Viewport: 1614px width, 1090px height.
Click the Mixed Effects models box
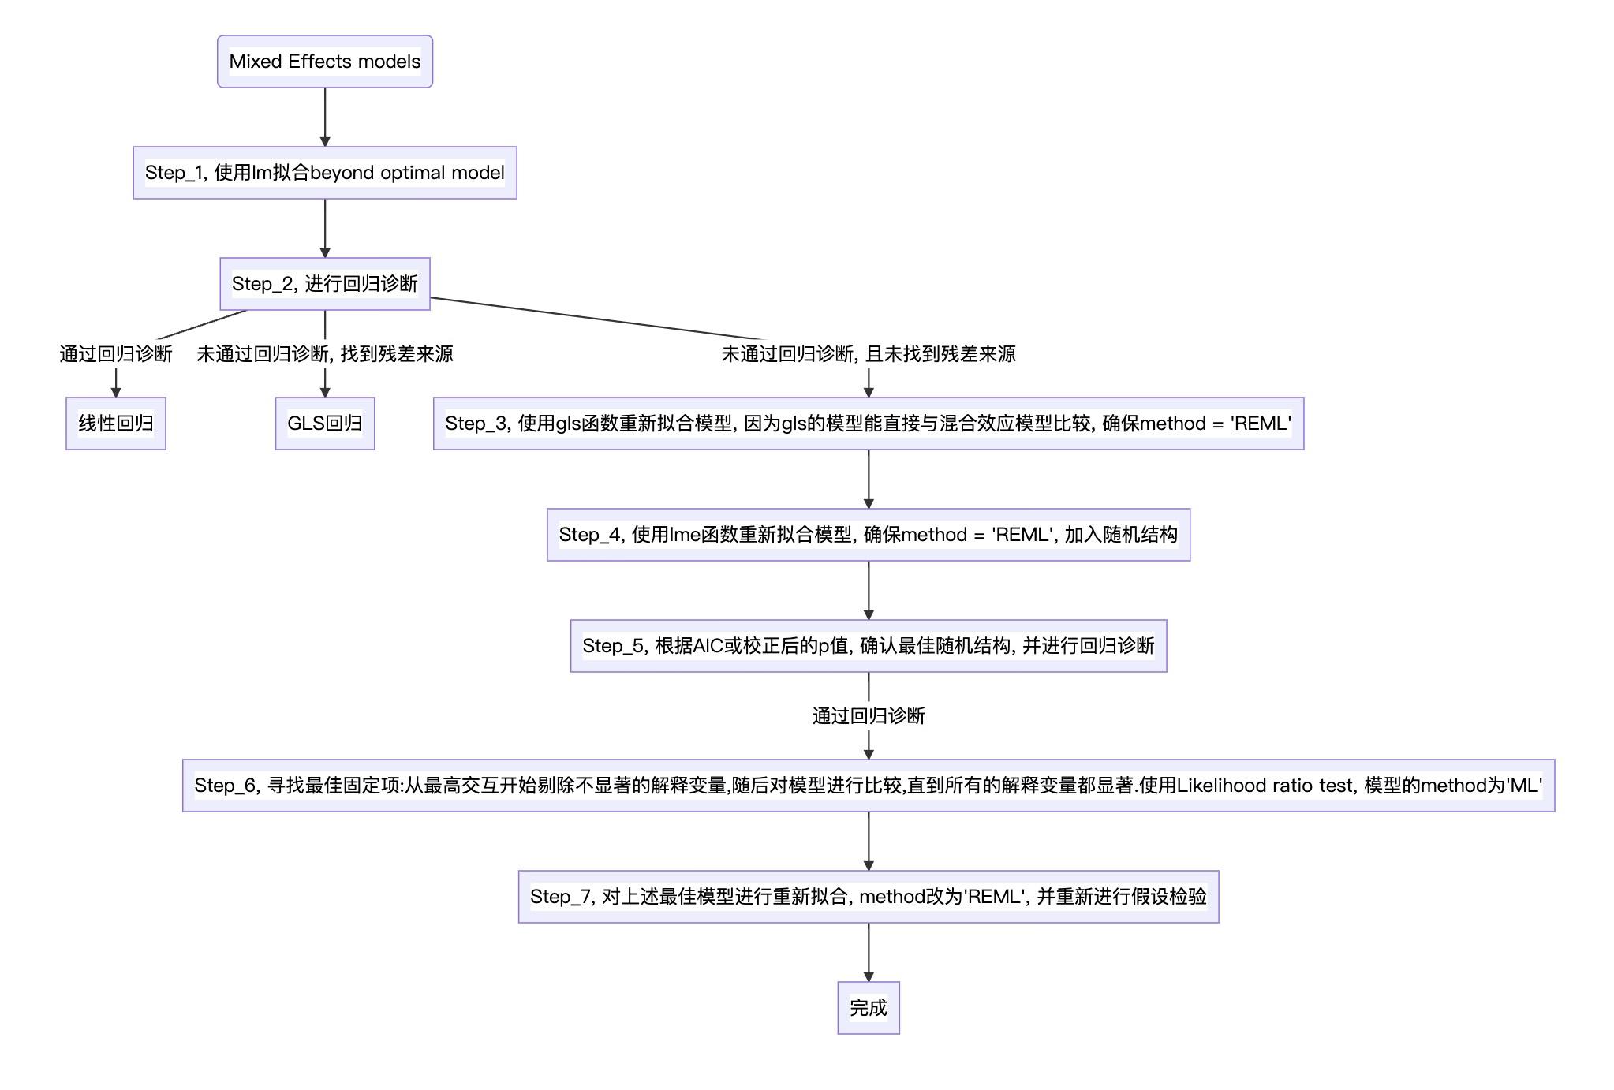pyautogui.click(x=324, y=62)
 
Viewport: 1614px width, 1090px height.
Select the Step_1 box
pyautogui.click(x=324, y=173)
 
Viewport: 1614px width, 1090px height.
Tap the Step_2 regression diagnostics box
pyautogui.click(x=324, y=284)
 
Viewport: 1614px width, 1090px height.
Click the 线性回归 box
pyautogui.click(x=115, y=424)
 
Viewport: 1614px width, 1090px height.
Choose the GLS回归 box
pyautogui.click(x=324, y=424)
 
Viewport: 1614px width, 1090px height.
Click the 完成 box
pyautogui.click(x=868, y=1008)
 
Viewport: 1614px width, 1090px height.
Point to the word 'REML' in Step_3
pyautogui.click(x=1260, y=424)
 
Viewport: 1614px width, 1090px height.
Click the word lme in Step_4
pyautogui.click(x=685, y=535)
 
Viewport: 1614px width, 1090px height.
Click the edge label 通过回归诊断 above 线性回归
pyautogui.click(x=115, y=354)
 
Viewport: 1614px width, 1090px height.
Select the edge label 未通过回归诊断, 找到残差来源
pyautogui.click(x=324, y=354)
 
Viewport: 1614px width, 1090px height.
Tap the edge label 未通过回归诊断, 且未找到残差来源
pyautogui.click(x=868, y=354)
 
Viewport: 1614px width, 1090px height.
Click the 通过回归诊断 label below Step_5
pyautogui.click(x=868, y=716)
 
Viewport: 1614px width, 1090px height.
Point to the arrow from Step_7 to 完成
pyautogui.click(x=868, y=952)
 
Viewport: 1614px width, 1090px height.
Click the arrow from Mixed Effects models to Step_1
pyautogui.click(x=324, y=117)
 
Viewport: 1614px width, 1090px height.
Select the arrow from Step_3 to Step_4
pyautogui.click(x=868, y=479)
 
